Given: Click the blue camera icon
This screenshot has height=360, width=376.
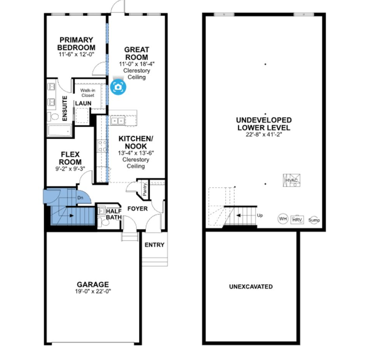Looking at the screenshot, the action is tap(118, 87).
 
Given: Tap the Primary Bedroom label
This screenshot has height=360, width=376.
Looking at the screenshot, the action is tap(76, 44).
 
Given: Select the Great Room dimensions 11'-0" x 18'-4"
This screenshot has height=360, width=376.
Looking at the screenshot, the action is tap(137, 64).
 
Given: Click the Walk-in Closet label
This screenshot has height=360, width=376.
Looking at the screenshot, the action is tap(88, 93).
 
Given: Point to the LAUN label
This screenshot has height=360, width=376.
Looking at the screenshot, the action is tap(83, 103).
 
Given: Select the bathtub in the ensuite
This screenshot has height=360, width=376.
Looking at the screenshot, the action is tap(60, 131).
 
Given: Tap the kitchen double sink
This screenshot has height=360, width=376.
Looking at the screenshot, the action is tap(118, 120).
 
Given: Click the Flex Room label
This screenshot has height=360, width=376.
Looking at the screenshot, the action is tap(70, 158).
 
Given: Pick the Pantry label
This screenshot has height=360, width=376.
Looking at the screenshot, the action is tap(145, 189).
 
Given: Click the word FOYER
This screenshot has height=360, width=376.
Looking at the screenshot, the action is tap(137, 209).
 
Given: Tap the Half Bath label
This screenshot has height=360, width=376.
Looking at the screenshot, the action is tap(114, 214).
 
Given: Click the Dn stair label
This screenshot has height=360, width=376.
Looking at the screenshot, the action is tap(80, 198).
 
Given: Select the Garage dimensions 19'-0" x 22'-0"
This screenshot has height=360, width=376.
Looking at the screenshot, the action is tap(93, 291).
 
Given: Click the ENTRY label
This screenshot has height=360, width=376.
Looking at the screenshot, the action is tap(155, 245).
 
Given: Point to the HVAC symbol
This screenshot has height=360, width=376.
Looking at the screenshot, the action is tap(292, 180).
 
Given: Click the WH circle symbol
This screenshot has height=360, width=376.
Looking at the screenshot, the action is tap(283, 219).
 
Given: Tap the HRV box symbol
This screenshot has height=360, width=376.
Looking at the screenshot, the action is tap(297, 220).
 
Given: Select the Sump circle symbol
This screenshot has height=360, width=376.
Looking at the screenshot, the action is tap(314, 220).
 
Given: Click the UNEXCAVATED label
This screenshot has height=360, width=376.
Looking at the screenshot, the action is tap(251, 286).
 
